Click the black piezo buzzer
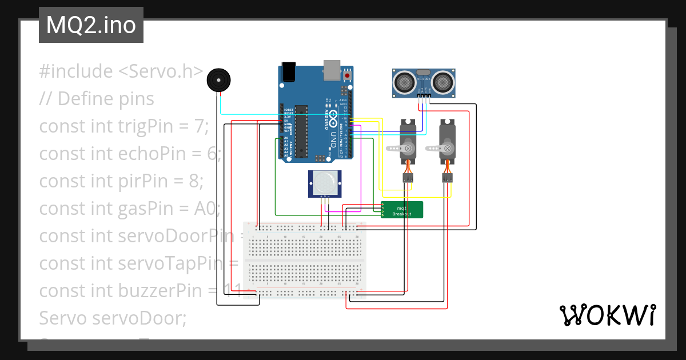(x=218, y=81)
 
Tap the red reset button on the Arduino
(x=347, y=75)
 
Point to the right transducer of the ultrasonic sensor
(x=442, y=82)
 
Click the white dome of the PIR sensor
(x=324, y=183)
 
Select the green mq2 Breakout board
(x=402, y=210)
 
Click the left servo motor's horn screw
(x=408, y=149)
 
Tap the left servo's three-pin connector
(x=408, y=179)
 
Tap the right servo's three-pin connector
(x=447, y=179)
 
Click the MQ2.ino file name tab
(x=91, y=25)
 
